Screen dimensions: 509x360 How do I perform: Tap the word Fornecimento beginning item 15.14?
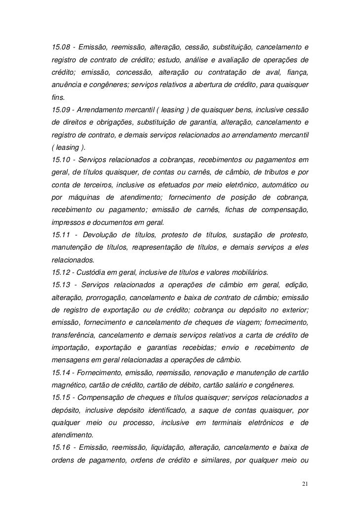point(104,371)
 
